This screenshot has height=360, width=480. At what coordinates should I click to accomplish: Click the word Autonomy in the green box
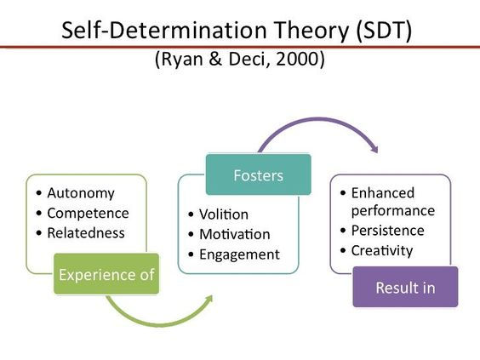pos(81,192)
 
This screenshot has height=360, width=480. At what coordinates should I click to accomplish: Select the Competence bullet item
pos(88,213)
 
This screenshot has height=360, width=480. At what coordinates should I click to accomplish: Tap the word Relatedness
pos(86,233)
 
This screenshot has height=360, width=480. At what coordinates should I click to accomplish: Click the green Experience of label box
pos(106,274)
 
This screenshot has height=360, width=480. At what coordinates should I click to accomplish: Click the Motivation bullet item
pos(235,234)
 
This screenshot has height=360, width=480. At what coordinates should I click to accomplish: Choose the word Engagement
pos(239,254)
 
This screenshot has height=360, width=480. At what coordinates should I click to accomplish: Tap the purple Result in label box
pos(405,288)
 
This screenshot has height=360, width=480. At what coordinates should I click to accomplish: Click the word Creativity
pos(382,251)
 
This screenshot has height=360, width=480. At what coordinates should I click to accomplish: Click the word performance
pos(393,210)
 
